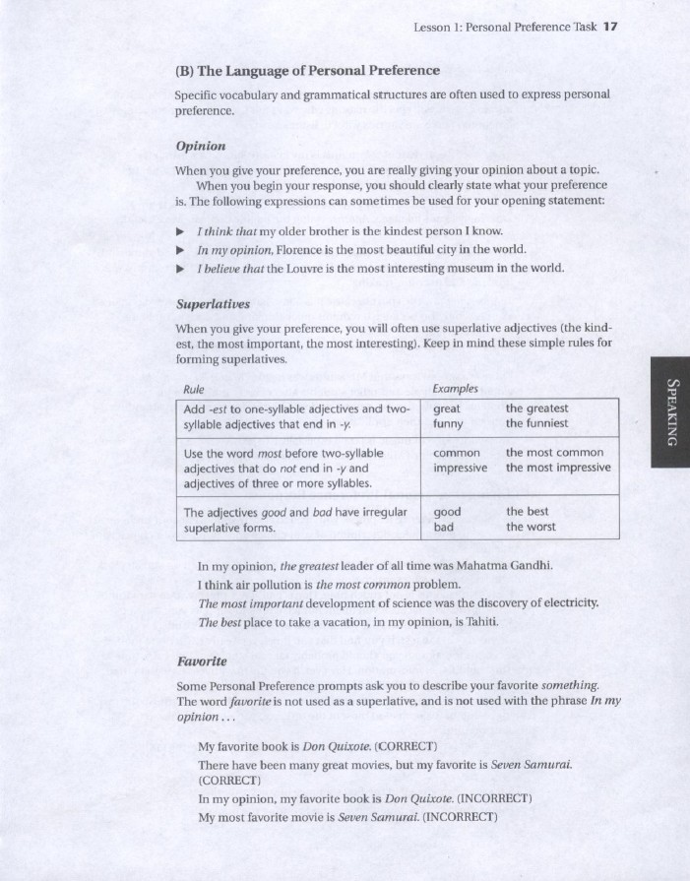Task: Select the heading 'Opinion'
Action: coord(200,146)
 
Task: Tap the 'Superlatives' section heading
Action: coord(212,303)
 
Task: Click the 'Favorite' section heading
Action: coord(201,660)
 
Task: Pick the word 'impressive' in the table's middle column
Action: coord(460,468)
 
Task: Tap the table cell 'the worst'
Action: coord(531,527)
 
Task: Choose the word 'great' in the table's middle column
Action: coord(447,409)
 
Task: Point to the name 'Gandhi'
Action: coord(531,565)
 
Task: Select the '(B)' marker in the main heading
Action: coord(186,71)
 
